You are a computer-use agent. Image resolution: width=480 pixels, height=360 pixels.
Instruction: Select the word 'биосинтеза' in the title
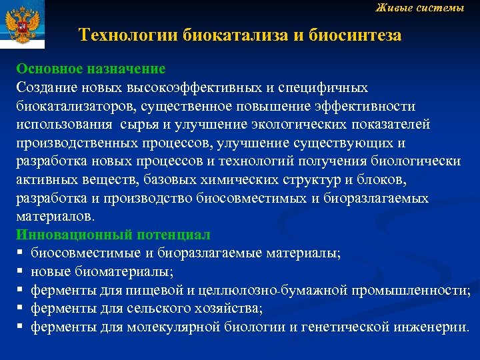point(355,35)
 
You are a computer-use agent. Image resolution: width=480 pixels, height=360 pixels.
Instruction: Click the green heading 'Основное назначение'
point(91,69)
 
